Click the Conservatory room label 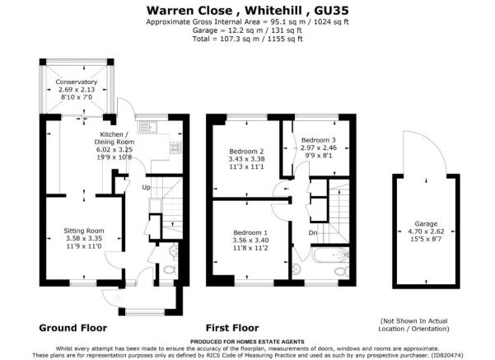click(x=77, y=82)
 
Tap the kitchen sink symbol click(x=147, y=127)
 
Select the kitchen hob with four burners click(x=175, y=147)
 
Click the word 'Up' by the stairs click(x=146, y=187)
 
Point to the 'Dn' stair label click(x=312, y=233)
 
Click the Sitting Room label click(x=84, y=231)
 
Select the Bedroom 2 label click(x=246, y=152)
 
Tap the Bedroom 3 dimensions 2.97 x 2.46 click(x=319, y=147)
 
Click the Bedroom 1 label click(x=250, y=232)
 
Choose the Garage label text click(x=426, y=224)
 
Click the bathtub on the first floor click(x=330, y=255)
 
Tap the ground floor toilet click(x=170, y=270)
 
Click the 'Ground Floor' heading click(x=73, y=328)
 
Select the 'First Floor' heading click(x=232, y=328)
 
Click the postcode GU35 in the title click(x=331, y=11)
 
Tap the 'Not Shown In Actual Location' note click(x=413, y=325)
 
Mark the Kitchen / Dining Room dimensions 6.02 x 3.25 click(x=114, y=150)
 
